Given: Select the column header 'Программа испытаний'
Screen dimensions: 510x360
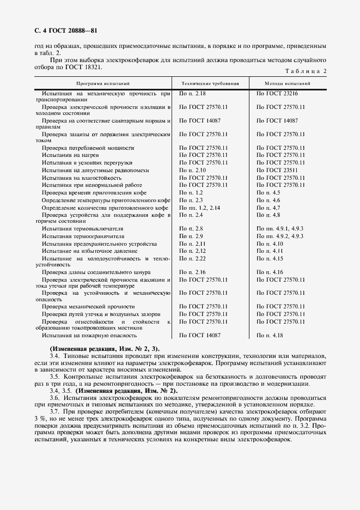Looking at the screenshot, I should point(103,83).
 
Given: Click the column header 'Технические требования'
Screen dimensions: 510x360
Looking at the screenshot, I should point(210,83).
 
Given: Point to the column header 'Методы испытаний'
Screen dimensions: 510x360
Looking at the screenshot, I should point(288,83).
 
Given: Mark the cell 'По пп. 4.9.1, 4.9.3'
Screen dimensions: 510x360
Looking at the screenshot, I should point(280,228).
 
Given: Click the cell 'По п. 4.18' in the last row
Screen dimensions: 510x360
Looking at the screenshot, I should point(270,336).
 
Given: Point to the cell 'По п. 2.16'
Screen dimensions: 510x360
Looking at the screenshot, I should point(193,271).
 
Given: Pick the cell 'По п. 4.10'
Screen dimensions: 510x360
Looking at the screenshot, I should point(270,244).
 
